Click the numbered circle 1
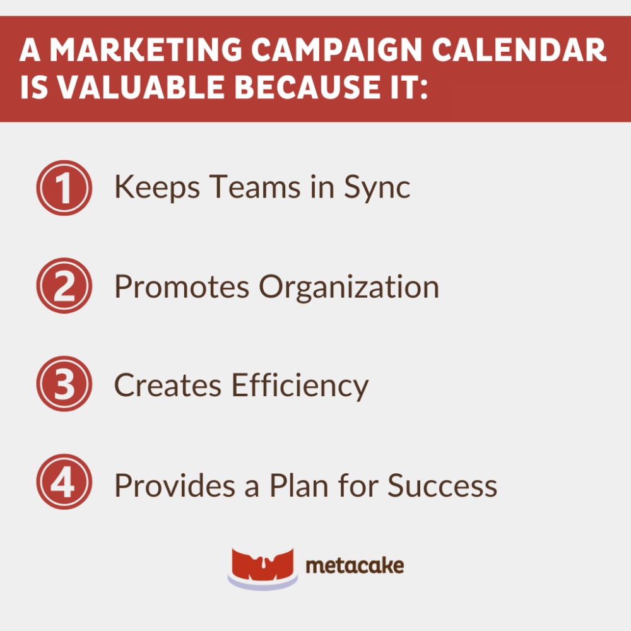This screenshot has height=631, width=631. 64,188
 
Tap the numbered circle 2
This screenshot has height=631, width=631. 64,286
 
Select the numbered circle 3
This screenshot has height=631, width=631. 64,384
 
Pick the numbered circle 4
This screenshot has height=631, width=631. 64,482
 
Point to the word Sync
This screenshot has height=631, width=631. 377,188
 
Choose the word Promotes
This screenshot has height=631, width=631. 182,286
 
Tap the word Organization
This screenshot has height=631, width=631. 349,288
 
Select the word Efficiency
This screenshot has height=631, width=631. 300,385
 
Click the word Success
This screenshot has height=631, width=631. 442,485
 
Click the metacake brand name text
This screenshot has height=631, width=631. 355,565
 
